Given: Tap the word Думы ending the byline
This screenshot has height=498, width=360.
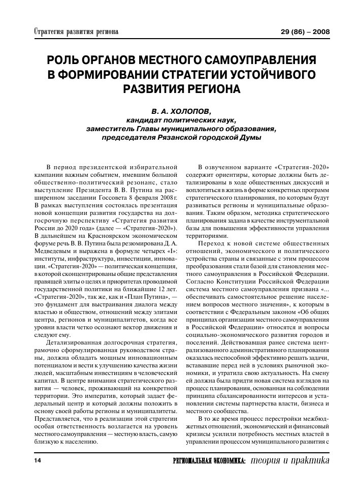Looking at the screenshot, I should click(250, 137).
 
